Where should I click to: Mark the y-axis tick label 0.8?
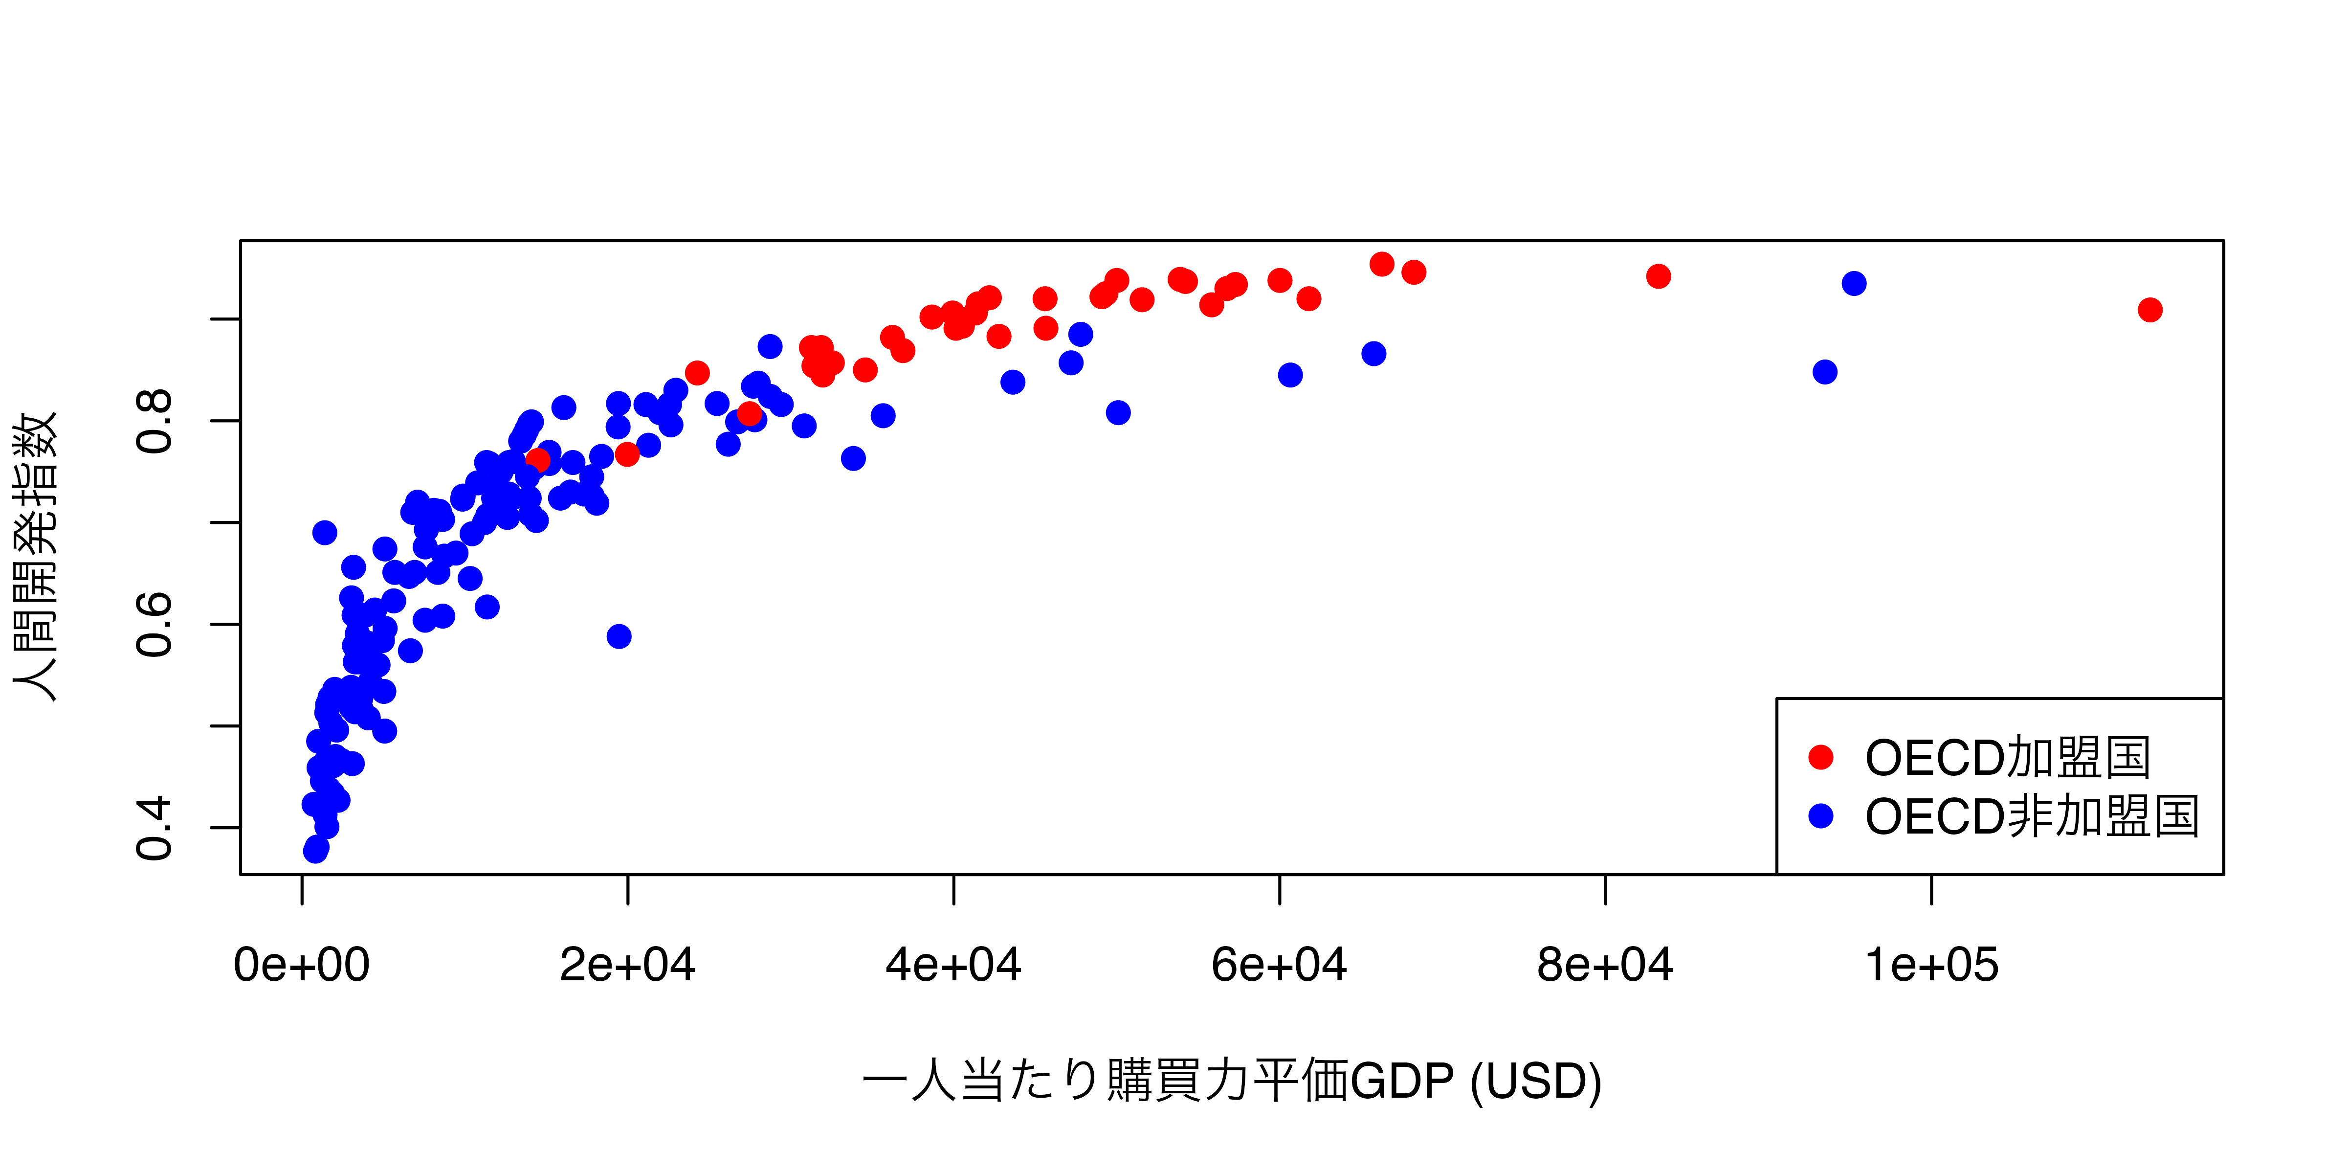coord(153,421)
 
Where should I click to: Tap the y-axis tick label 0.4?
coord(153,828)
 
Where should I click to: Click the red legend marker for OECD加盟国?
coord(1820,757)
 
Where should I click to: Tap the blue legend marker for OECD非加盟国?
coord(1820,816)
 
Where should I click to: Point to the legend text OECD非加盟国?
coord(2032,816)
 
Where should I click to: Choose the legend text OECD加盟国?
coord(2007,757)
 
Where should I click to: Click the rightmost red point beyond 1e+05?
coord(2149,310)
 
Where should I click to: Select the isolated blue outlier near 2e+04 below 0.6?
coord(619,636)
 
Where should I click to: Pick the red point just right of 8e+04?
coord(1658,276)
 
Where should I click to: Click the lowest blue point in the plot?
coord(315,851)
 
